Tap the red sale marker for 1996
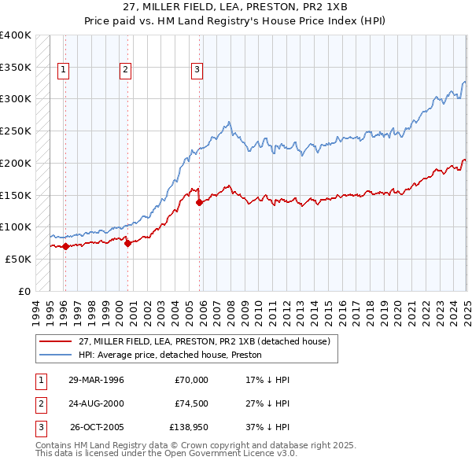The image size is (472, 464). pos(65,246)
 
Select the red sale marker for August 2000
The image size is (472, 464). pos(127,244)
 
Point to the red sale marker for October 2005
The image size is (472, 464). pos(199,202)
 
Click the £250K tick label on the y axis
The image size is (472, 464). pos(16,131)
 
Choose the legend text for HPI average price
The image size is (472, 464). pos(170,355)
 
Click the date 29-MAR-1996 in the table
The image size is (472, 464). pos(97,380)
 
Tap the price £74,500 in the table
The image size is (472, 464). pos(191,403)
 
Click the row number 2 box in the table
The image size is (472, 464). pos(39,403)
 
